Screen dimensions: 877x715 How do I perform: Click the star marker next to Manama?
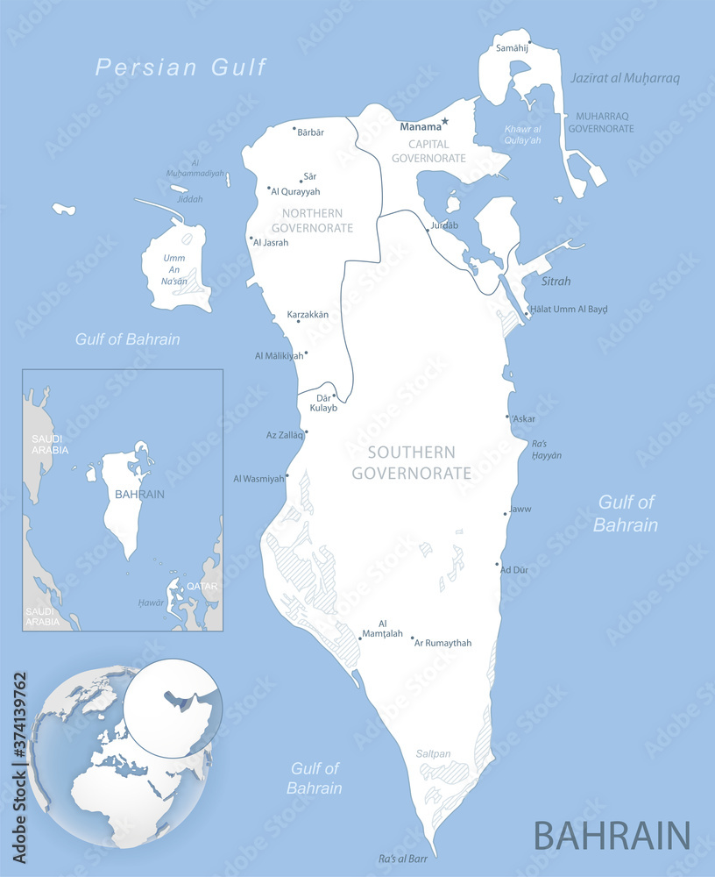tap(445, 121)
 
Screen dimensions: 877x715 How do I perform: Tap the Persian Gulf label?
tap(181, 67)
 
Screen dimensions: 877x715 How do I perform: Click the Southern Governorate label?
tap(411, 463)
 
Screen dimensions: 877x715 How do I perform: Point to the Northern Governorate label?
tap(318, 220)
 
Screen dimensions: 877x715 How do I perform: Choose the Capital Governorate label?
tap(428, 151)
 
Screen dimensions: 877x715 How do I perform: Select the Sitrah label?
tap(556, 282)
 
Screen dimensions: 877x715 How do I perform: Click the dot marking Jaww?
tap(506, 514)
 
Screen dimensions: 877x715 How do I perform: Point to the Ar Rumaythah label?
tap(443, 643)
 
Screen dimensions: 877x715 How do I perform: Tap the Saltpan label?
tap(434, 753)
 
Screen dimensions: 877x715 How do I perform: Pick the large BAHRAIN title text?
tap(612, 834)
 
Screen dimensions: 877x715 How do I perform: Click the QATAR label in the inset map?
tap(202, 585)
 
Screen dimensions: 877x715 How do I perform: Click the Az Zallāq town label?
tap(284, 435)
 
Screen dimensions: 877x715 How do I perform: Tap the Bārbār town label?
tap(310, 132)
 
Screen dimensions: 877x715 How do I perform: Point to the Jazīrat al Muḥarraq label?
tap(625, 78)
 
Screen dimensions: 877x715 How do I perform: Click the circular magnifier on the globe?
tap(173, 708)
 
